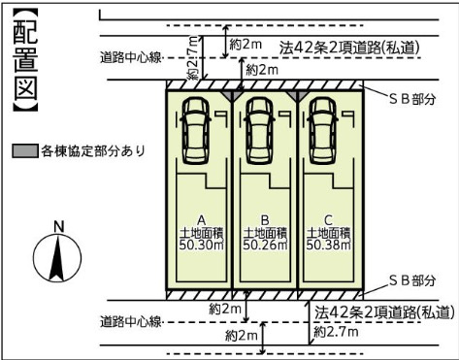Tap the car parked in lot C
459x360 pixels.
click(x=324, y=130)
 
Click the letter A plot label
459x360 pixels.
click(x=201, y=218)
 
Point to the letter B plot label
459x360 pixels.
click(x=264, y=218)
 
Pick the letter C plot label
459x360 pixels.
click(x=328, y=218)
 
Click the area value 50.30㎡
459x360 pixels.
click(x=201, y=245)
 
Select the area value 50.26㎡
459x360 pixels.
click(x=264, y=245)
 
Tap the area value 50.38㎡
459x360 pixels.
click(x=328, y=245)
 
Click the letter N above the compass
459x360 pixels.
click(x=58, y=226)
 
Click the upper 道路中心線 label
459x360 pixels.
click(x=133, y=57)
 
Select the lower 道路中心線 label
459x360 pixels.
click(x=133, y=321)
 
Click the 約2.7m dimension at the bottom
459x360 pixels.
click(x=337, y=332)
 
